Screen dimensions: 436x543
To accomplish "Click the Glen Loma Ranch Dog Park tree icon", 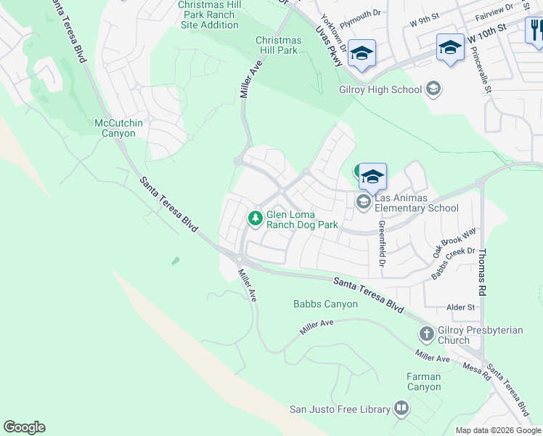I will (x=256, y=218).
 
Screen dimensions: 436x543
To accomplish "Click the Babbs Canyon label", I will (x=325, y=304).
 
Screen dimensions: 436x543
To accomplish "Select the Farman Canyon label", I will (x=424, y=381).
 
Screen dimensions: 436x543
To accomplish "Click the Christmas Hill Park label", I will (x=278, y=45).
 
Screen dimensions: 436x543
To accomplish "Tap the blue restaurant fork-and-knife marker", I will (x=536, y=31).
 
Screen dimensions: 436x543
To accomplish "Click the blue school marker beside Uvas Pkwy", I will (x=362, y=54).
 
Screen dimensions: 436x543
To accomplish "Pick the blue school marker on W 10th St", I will (x=450, y=48).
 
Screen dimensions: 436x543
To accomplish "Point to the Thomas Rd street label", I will (x=481, y=270).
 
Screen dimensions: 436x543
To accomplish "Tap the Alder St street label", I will (x=461, y=307).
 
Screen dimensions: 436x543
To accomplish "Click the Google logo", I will (x=24, y=427).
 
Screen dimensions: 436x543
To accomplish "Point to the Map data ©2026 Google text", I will (x=498, y=430).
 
